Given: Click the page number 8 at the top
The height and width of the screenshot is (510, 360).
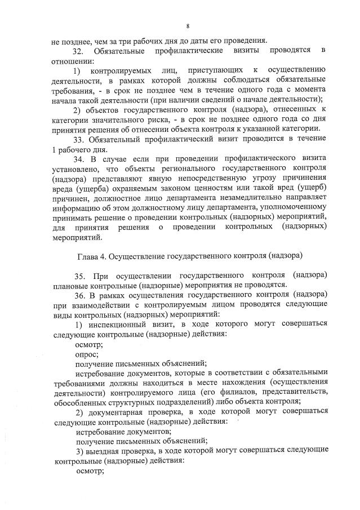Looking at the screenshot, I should pos(188,26).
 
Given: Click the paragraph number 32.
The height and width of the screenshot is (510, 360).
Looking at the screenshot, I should pos(81,51).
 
